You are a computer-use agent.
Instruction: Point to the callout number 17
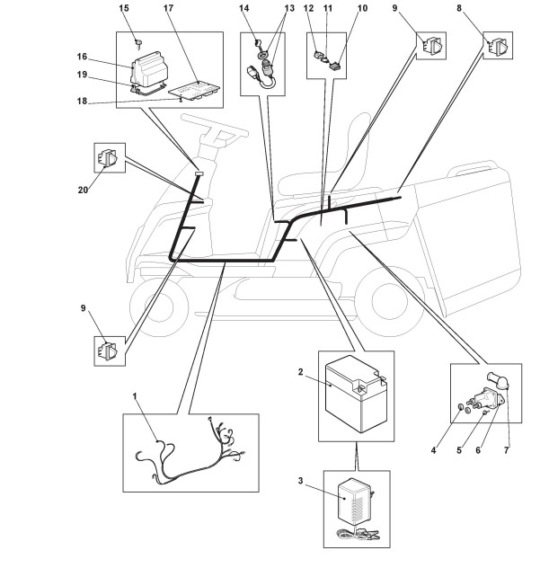tap(168, 8)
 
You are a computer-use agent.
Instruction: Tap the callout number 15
tap(125, 8)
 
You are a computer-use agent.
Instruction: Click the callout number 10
tap(337, 8)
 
